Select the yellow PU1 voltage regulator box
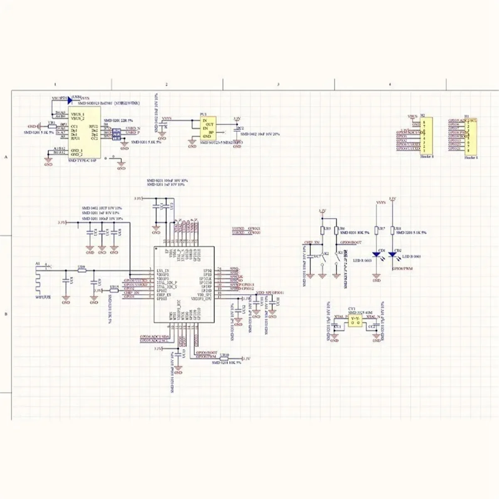pyautogui.click(x=208, y=129)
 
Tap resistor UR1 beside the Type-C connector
pyautogui.click(x=51, y=126)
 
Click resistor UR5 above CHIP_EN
pyautogui.click(x=322, y=230)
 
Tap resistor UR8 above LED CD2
pyautogui.click(x=392, y=230)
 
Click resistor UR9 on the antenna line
pyautogui.click(x=82, y=271)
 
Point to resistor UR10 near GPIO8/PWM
pyautogui.click(x=225, y=358)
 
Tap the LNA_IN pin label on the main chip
pyautogui.click(x=163, y=270)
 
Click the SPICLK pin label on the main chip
pyautogui.click(x=206, y=278)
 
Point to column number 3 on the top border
pyautogui.click(x=278, y=84)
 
